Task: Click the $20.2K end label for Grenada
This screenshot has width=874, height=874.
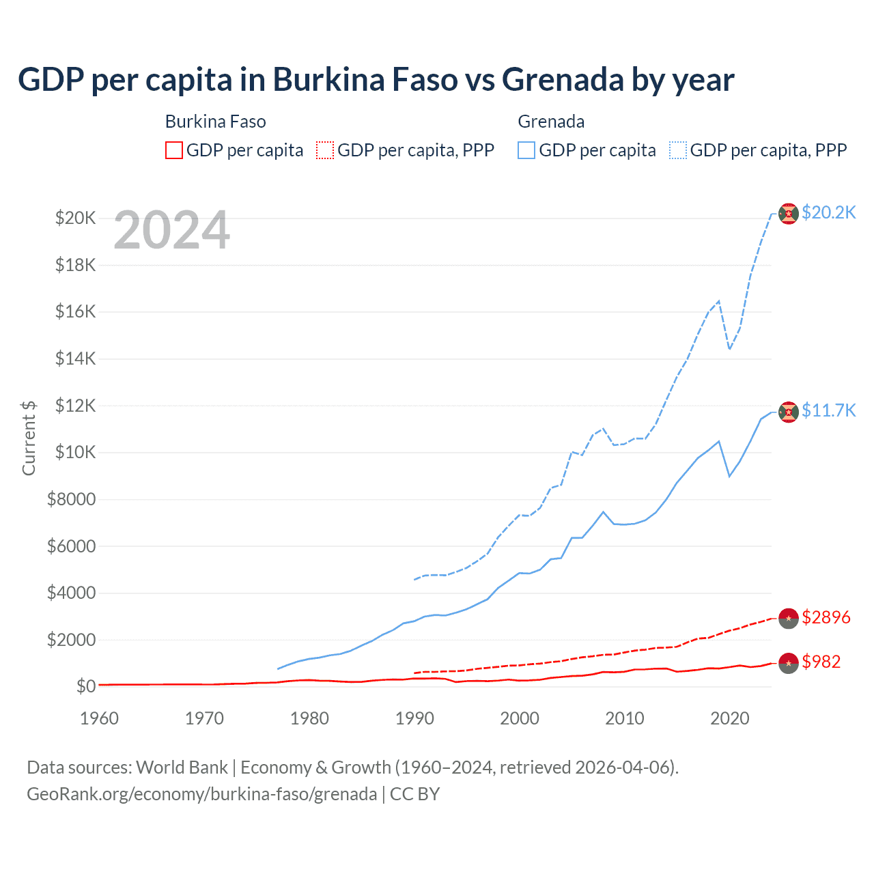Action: point(828,212)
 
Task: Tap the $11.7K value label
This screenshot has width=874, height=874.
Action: point(828,410)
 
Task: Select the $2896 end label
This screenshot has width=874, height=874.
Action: point(826,617)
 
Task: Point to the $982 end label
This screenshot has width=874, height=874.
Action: point(821,662)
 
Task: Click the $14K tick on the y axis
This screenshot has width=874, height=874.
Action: point(76,358)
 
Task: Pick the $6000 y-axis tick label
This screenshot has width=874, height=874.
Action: point(71,546)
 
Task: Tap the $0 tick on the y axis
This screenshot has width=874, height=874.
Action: point(85,686)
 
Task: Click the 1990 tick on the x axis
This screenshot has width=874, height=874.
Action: point(414,718)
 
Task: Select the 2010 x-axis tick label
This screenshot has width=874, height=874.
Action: point(625,718)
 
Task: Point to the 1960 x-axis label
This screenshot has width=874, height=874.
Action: point(99,718)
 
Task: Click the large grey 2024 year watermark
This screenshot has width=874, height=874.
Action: point(171,230)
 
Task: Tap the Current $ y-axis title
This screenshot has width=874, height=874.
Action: point(29,438)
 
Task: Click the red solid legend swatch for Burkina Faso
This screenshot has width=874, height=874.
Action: point(174,150)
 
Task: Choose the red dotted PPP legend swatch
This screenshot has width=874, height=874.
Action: point(325,150)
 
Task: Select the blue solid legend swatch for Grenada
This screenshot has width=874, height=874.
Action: point(526,150)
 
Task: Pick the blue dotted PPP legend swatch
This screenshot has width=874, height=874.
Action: point(678,150)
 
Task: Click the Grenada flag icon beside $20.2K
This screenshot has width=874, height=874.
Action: point(789,214)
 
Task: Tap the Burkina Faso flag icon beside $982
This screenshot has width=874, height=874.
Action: point(789,663)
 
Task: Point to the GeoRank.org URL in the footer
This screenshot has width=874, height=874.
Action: point(202,794)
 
